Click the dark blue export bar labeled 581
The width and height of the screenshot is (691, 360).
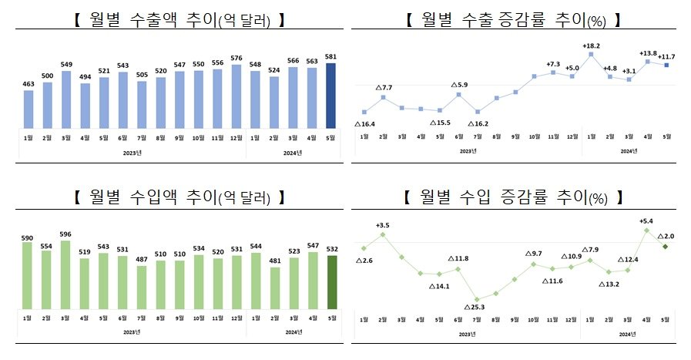pos(331,96)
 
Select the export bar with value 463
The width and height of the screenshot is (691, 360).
pos(29,109)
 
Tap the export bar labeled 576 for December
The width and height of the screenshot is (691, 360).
pos(236,96)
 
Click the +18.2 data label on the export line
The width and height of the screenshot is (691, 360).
pos(592,45)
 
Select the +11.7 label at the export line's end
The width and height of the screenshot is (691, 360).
pos(667,56)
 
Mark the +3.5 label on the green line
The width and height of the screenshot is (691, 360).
pos(383,225)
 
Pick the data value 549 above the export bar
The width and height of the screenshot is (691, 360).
pos(67,63)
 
